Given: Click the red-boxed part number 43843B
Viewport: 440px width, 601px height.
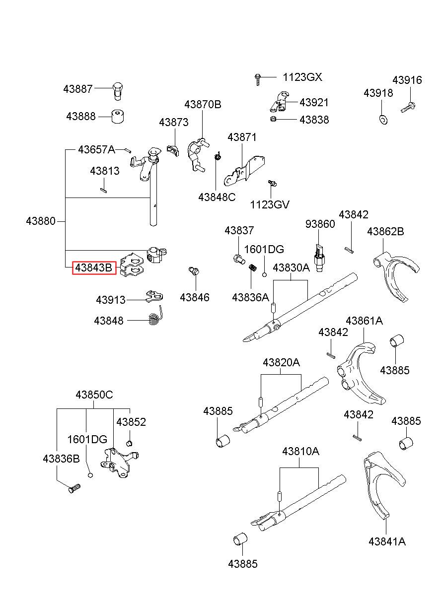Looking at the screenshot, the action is tap(94, 267).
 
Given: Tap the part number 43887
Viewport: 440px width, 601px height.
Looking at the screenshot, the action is tap(78, 89).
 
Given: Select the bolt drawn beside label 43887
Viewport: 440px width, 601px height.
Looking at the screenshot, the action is tap(118, 91).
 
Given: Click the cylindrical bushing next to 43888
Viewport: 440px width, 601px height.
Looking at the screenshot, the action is tap(118, 117).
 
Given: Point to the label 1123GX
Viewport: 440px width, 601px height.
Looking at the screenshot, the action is tap(302, 77).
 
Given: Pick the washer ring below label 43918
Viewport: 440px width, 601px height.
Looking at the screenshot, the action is tap(383, 120).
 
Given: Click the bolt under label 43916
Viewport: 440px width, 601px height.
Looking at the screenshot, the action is tap(409, 107).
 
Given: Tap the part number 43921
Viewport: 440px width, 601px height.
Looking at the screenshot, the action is tap(314, 103).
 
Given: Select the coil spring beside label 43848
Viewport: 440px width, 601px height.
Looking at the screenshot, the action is tap(155, 316).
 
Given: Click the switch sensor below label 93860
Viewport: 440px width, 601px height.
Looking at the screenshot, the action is tap(319, 258).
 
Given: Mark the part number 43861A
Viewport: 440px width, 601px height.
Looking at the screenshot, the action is tap(364, 321).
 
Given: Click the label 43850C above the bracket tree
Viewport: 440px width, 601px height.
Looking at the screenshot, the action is tap(94, 395).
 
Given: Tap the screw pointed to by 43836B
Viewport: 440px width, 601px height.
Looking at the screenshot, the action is tap(74, 488).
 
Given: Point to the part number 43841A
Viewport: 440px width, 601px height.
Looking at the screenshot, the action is tap(387, 541).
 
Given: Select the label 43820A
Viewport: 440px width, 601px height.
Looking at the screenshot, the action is tap(281, 362).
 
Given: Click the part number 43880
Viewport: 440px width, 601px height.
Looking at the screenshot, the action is tap(41, 221).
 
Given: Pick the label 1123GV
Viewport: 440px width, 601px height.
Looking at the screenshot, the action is tap(270, 204).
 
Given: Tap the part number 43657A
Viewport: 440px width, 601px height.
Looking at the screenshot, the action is tap(96, 149).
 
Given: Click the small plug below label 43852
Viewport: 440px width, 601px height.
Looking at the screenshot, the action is tap(129, 443).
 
